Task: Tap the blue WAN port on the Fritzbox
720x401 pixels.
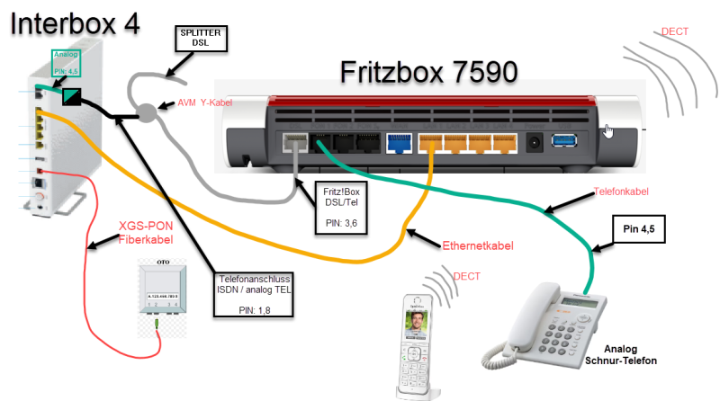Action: (x=399, y=143)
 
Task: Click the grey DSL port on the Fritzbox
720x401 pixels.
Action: (x=295, y=144)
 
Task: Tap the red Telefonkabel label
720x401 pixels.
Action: (x=620, y=192)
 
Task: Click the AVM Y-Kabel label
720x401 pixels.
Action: (x=206, y=103)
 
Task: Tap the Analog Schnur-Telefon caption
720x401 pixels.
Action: (x=623, y=354)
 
